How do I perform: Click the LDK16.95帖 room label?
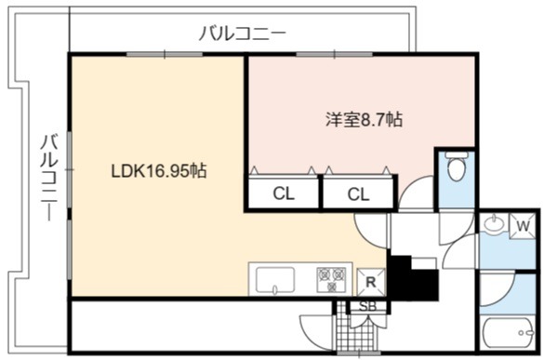coord(159,171)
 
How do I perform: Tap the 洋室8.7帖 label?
coord(364,120)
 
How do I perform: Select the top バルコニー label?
coord(243,34)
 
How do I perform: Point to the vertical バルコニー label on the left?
coord(49,178)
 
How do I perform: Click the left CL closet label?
coord(284,193)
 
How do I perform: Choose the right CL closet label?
coord(358,194)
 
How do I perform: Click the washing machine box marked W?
coord(523,226)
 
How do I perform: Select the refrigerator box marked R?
coord(371,282)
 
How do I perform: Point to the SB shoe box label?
coord(367,307)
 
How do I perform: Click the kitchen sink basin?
coord(275,281)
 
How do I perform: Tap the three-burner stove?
coord(332,280)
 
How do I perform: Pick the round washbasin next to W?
coord(495,223)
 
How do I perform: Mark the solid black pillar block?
coord(412,279)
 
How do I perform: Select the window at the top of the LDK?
coord(165,55)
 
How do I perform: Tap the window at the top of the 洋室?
coord(334,55)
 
